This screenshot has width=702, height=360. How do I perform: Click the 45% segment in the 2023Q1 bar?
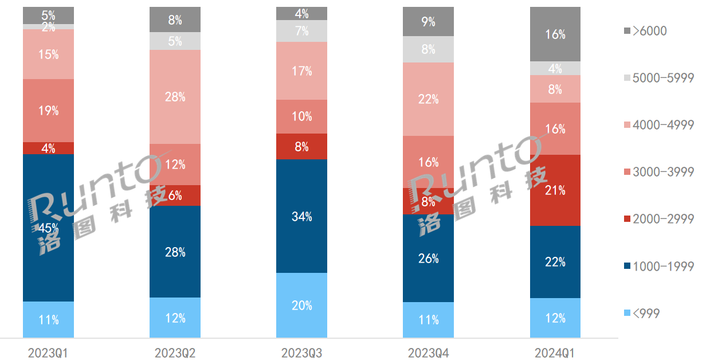tap(49, 228)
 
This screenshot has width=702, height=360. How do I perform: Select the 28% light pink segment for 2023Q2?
tap(175, 97)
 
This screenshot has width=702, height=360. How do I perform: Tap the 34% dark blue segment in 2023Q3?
tap(301, 216)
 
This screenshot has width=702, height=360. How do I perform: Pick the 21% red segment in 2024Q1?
tap(555, 190)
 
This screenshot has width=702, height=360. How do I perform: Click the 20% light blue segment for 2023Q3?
tap(301, 306)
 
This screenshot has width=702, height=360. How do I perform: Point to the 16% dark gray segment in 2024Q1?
tap(555, 34)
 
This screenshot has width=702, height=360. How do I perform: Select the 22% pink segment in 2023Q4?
tap(428, 99)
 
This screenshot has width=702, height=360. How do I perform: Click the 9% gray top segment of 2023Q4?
tap(428, 22)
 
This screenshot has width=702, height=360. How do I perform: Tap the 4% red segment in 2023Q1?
tap(49, 148)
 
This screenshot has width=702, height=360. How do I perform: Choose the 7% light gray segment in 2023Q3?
tap(301, 31)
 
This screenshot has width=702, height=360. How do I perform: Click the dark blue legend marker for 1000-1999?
tap(626, 266)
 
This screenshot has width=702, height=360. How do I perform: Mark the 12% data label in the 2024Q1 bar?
tap(555, 318)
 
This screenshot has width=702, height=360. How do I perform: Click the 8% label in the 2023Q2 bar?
tap(175, 21)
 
